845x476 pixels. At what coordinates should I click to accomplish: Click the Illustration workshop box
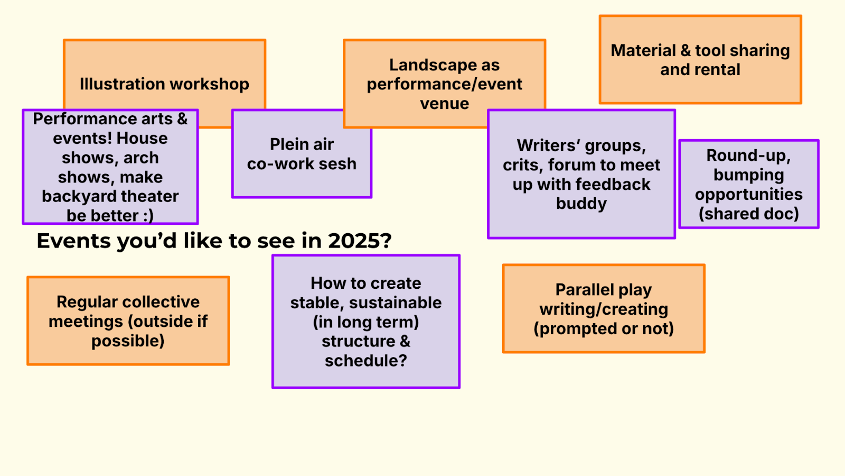164,84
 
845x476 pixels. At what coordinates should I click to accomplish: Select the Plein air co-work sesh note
302,154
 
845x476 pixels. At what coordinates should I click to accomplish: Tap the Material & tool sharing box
700,59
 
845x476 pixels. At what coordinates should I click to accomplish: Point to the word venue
445,104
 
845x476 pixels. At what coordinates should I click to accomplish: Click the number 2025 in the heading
359,241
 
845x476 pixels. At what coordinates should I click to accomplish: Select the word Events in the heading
73,241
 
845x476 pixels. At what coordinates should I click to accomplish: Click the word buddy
581,204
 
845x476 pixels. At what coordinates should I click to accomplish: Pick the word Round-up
748,155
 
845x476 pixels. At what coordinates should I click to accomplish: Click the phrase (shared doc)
748,214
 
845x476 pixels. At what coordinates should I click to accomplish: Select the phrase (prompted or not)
604,328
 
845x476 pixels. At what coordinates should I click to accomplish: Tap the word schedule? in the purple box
365,361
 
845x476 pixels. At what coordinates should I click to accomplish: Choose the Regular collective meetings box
128,321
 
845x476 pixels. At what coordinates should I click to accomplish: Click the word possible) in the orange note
128,341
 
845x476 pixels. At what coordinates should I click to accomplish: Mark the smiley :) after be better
148,216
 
